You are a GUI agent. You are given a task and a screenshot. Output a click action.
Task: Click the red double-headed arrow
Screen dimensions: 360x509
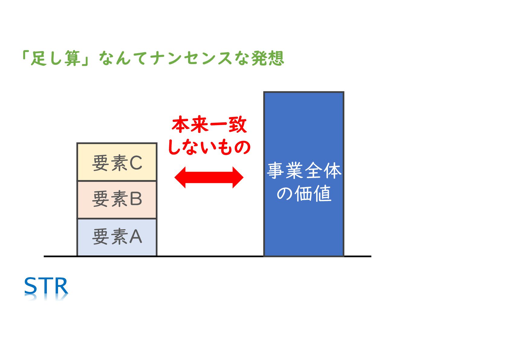click(209, 177)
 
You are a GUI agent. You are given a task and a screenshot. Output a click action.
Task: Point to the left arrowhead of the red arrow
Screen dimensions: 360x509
click(180, 177)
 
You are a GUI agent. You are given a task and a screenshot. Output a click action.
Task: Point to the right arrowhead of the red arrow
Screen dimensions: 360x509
click(238, 177)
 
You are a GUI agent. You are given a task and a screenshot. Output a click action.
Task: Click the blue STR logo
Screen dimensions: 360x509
click(46, 286)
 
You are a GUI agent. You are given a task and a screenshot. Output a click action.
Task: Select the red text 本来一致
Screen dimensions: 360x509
click(209, 125)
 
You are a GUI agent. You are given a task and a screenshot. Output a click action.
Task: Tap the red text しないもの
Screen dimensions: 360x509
click(209, 147)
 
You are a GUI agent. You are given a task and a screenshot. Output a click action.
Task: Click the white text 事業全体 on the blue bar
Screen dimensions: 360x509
click(304, 170)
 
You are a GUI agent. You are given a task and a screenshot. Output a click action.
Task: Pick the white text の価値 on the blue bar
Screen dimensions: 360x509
click(304, 193)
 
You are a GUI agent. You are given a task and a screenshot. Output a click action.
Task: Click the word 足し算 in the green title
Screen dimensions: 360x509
click(56, 58)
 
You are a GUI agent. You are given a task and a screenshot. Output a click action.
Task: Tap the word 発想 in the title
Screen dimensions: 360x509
click(268, 58)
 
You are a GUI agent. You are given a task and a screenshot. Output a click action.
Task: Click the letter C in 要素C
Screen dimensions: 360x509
click(136, 163)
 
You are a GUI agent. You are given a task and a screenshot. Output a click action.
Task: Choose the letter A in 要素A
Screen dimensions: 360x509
click(136, 237)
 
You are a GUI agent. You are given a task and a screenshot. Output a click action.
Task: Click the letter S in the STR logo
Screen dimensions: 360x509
click(31, 286)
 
